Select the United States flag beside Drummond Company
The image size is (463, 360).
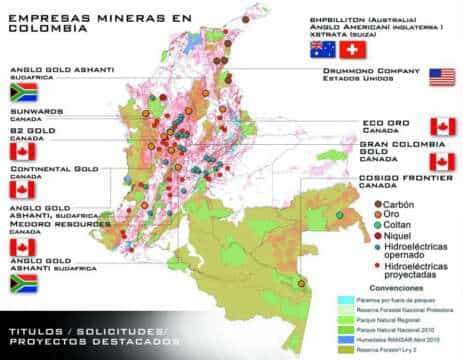[441, 78]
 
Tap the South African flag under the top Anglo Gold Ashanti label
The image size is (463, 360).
[23, 91]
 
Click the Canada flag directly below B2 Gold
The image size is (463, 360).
[23, 151]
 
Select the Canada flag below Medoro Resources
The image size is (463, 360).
[23, 246]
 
